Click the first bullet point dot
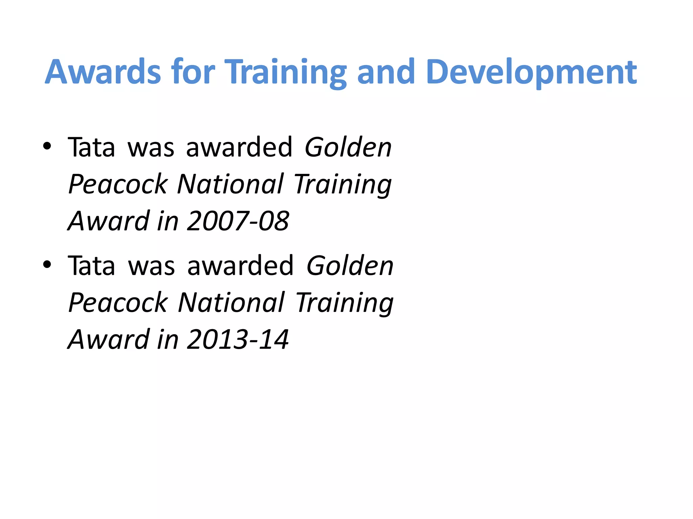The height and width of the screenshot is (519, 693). pyautogui.click(x=47, y=146)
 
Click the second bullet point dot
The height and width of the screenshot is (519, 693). pyautogui.click(x=47, y=265)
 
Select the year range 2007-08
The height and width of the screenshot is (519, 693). pyautogui.click(x=238, y=221)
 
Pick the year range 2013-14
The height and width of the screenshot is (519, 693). pyautogui.click(x=238, y=339)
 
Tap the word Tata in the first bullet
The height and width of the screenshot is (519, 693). pyautogui.click(x=91, y=147)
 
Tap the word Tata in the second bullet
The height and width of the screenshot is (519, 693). pyautogui.click(x=91, y=266)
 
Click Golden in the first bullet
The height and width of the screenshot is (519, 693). pyautogui.click(x=348, y=147)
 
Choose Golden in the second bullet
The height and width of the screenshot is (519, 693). pyautogui.click(x=350, y=266)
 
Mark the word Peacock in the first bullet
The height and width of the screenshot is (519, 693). pyautogui.click(x=118, y=184)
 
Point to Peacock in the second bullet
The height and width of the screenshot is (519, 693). pyautogui.click(x=118, y=303)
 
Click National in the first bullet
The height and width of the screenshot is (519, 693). pyautogui.click(x=230, y=184)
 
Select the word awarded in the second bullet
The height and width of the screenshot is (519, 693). pyautogui.click(x=240, y=266)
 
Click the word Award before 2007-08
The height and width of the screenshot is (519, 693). pyautogui.click(x=109, y=221)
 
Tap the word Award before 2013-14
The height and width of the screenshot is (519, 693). pyautogui.click(x=109, y=339)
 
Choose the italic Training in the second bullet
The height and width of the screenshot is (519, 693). pyautogui.click(x=344, y=303)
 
